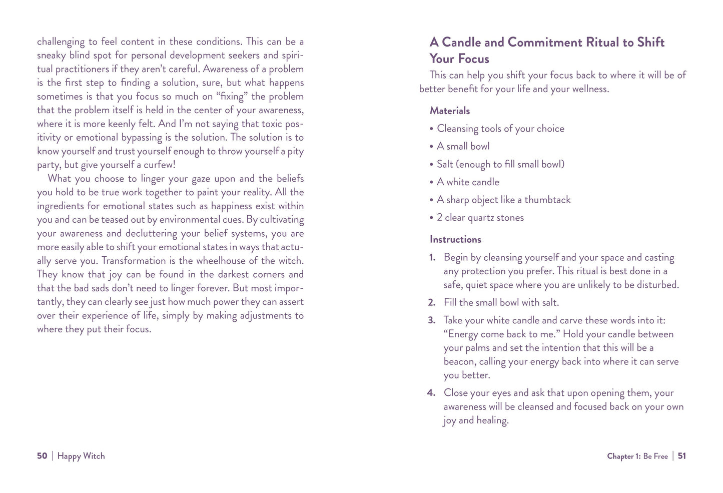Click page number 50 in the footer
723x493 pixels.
click(42, 456)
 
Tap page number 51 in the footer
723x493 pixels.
click(681, 456)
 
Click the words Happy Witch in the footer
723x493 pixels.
click(81, 456)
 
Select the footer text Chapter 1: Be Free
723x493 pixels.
click(637, 456)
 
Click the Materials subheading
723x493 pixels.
click(449, 111)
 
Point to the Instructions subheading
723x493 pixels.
click(455, 239)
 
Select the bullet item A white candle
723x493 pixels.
click(468, 182)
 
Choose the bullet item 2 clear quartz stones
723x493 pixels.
click(480, 218)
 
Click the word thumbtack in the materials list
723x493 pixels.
click(547, 200)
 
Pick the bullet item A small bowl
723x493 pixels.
click(463, 146)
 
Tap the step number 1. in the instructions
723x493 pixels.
click(432, 258)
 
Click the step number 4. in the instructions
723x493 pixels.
click(431, 393)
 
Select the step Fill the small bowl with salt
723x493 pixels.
click(501, 303)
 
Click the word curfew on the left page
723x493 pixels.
click(158, 165)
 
